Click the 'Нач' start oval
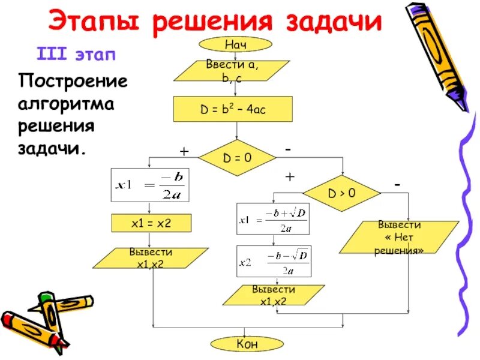pyautogui.click(x=236, y=44)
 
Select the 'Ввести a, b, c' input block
pyautogui.click(x=232, y=70)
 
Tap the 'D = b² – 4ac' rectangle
pyautogui.click(x=232, y=110)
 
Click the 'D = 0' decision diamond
pyautogui.click(x=237, y=158)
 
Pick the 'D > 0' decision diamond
pyautogui.click(x=341, y=193)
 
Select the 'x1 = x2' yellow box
pyautogui.click(x=151, y=223)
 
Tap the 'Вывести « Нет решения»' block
pyautogui.click(x=399, y=238)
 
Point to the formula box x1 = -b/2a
pyautogui.click(x=151, y=185)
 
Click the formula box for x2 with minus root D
pyautogui.click(x=274, y=261)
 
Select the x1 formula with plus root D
pyautogui.click(x=274, y=218)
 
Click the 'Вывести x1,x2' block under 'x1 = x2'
pyautogui.click(x=151, y=258)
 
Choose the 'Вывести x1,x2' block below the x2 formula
pyautogui.click(x=273, y=295)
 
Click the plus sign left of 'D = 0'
pyautogui.click(x=184, y=152)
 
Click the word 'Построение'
pyautogui.click(x=73, y=81)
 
